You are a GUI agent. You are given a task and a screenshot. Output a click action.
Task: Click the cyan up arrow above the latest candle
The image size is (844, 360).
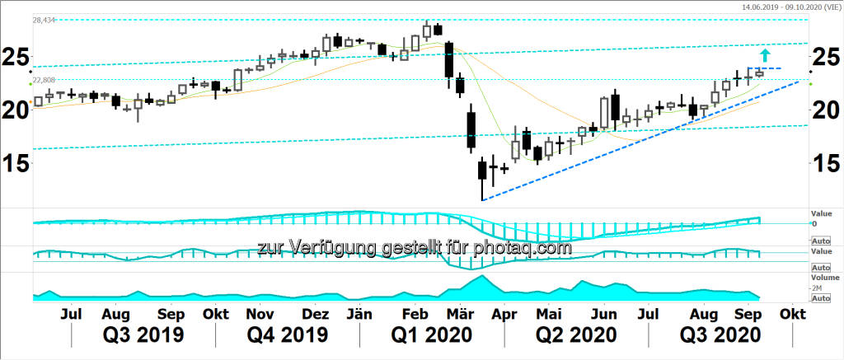(766, 55)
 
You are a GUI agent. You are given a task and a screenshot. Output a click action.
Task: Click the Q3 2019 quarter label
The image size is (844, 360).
(143, 335)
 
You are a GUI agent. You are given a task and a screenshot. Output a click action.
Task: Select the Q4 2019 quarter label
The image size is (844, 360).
(287, 335)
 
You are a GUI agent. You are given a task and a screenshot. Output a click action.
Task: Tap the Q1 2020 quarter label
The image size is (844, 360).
(431, 335)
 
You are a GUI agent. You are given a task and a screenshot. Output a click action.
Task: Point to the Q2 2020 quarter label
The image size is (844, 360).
(575, 335)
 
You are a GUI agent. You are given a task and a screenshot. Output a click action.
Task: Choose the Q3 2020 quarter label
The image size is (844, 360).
(719, 335)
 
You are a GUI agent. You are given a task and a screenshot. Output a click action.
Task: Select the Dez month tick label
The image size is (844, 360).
(316, 315)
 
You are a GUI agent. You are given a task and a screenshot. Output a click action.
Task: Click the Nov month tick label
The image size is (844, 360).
(260, 315)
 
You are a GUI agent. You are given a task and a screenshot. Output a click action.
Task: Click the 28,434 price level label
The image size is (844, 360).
(45, 20)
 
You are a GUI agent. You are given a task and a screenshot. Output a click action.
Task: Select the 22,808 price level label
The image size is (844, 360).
(45, 80)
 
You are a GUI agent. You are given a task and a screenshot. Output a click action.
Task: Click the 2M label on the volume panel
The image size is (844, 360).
(818, 288)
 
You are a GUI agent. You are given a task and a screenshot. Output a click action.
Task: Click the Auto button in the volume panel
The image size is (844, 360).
(821, 298)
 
